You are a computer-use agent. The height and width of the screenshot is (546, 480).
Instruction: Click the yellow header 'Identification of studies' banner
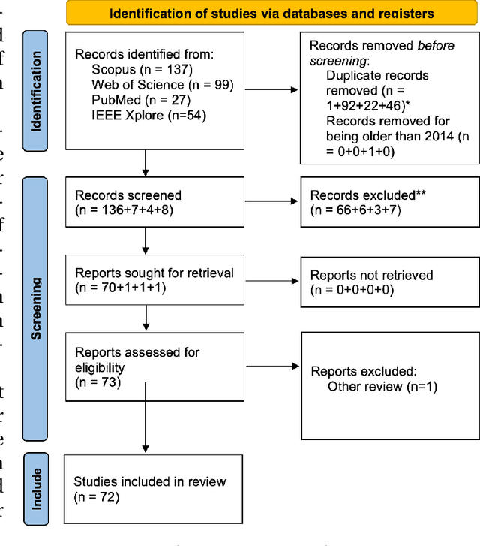click(x=271, y=14)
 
